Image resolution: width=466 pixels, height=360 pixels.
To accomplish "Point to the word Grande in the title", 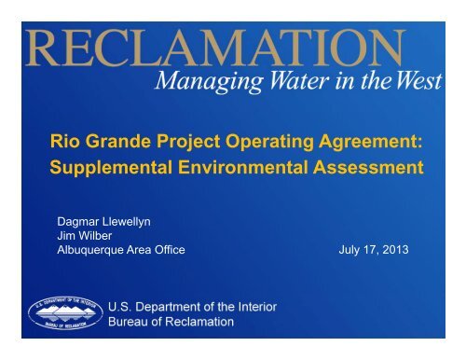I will pos(116,145).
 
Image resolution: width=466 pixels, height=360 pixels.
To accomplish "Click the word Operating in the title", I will pos(256,145).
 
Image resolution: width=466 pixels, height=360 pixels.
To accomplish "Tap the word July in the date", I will pos(347,250).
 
